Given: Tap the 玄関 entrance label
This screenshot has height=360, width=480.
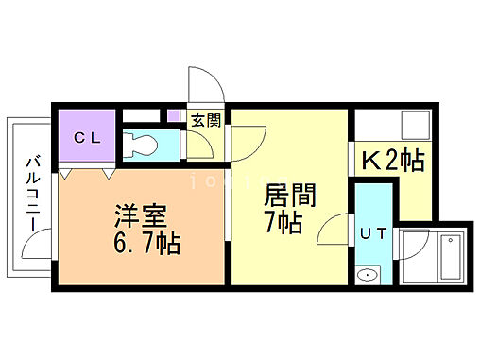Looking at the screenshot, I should click(x=206, y=120).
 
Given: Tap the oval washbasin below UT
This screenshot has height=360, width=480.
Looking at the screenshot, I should click(x=369, y=276).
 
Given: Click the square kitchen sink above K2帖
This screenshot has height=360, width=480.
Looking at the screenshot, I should click(x=411, y=125).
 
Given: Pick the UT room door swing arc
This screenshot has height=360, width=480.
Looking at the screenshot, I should click(x=334, y=229).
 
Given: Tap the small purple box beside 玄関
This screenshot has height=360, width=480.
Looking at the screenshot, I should click(x=174, y=116).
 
